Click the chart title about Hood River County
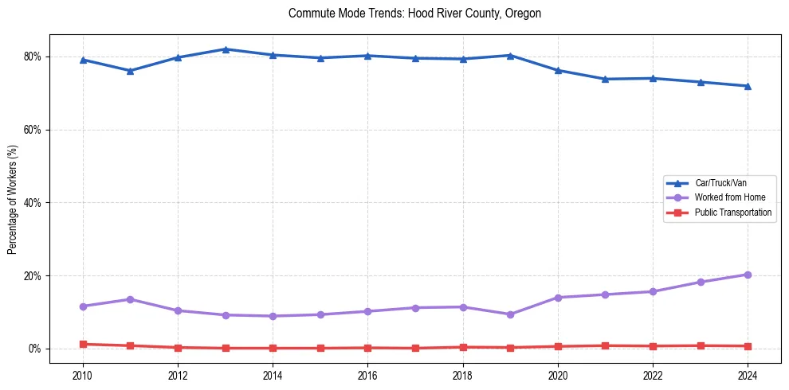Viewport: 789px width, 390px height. pyautogui.click(x=414, y=14)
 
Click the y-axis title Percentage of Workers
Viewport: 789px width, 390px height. pyautogui.click(x=13, y=199)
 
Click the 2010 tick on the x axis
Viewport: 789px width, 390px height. pyautogui.click(x=83, y=375)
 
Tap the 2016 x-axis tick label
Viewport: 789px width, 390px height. pyautogui.click(x=367, y=375)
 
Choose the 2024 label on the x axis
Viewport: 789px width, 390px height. pyautogui.click(x=748, y=375)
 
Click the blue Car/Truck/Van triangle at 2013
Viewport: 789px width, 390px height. pyautogui.click(x=226, y=49)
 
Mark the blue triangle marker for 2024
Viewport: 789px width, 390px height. pyautogui.click(x=748, y=86)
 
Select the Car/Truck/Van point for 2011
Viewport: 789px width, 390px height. pyautogui.click(x=130, y=71)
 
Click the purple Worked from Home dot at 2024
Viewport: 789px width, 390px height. pyautogui.click(x=748, y=275)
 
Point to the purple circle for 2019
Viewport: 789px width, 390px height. pyautogui.click(x=510, y=314)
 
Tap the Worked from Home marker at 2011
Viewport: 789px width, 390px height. pyautogui.click(x=130, y=299)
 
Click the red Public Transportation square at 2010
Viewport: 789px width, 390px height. pyautogui.click(x=83, y=344)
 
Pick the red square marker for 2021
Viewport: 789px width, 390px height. pyautogui.click(x=605, y=345)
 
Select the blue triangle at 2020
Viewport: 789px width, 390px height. pyautogui.click(x=558, y=70)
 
